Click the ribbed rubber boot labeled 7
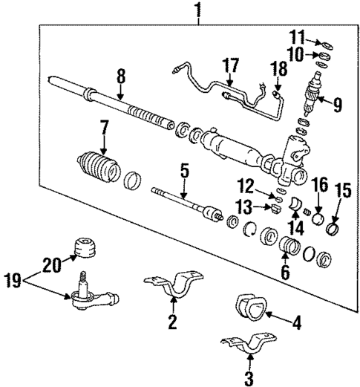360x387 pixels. [99, 167]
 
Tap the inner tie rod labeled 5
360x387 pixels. [186, 204]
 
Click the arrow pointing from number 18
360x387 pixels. [277, 88]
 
